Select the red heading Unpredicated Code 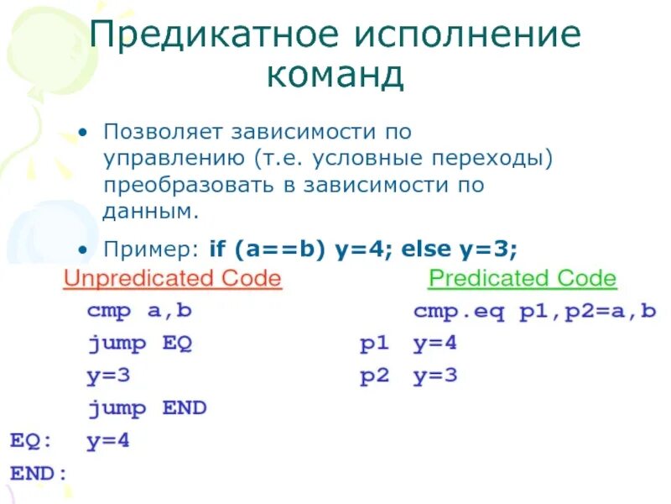click(173, 279)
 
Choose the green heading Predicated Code click(522, 279)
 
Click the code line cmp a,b click(139, 311)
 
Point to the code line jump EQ click(140, 344)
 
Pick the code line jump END click(147, 409)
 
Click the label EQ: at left click(29, 441)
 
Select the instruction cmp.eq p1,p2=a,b click(534, 312)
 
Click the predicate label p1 click(375, 344)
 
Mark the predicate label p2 click(375, 376)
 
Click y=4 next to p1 click(435, 344)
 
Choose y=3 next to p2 click(435, 376)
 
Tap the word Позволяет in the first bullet click(166, 133)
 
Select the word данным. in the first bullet click(152, 211)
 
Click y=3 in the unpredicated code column click(108, 376)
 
